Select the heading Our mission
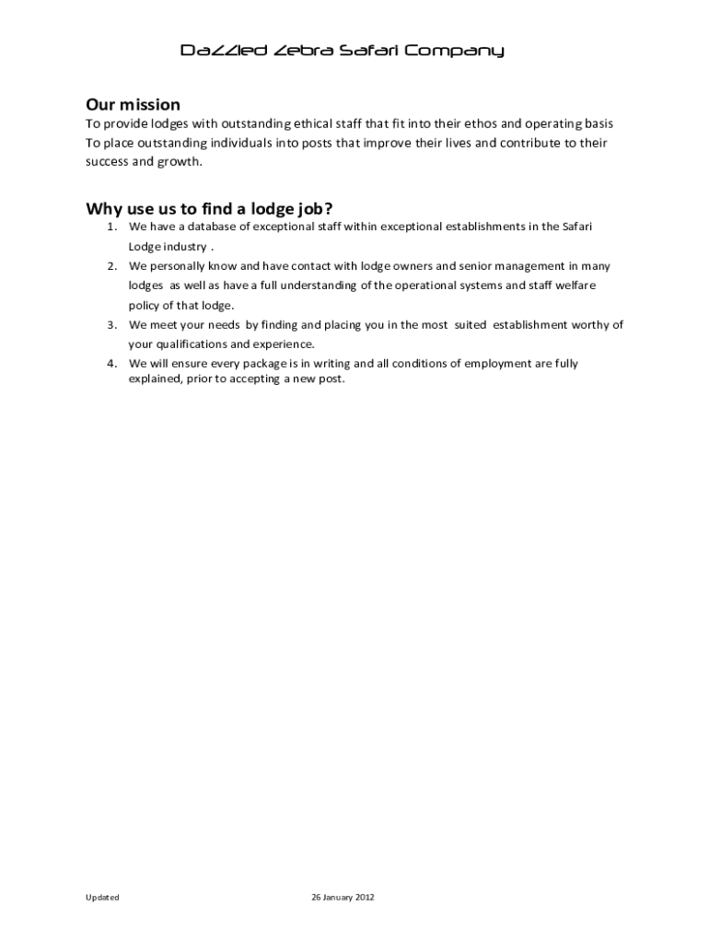pyautogui.click(x=133, y=104)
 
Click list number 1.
pyautogui.click(x=110, y=227)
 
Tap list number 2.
pyautogui.click(x=110, y=266)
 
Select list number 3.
pyautogui.click(x=110, y=325)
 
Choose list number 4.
pyautogui.click(x=110, y=364)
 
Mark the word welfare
pyautogui.click(x=574, y=285)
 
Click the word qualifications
pyautogui.click(x=192, y=344)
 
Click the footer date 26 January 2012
pyautogui.click(x=343, y=897)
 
